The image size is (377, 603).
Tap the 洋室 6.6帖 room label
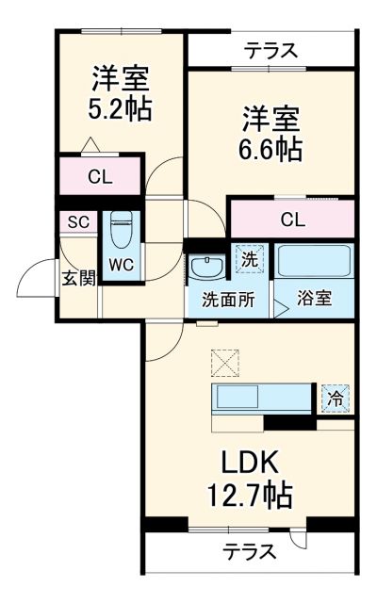270,133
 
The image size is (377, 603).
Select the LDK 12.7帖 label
250,478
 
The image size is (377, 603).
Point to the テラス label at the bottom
249,551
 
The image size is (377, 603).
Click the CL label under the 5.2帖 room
101,175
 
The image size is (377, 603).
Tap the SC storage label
77,221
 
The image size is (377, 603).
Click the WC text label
120,265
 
